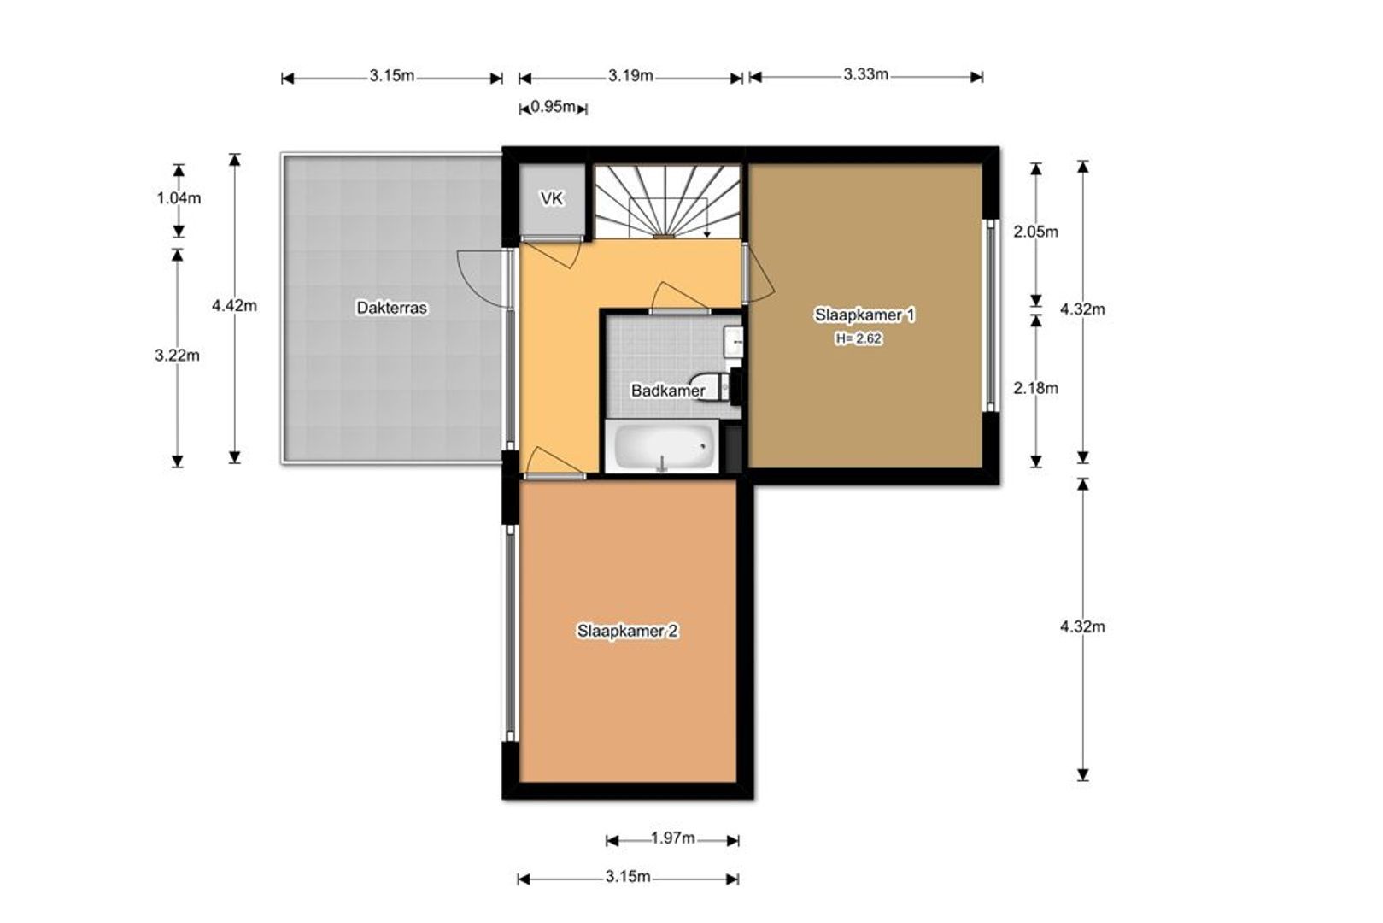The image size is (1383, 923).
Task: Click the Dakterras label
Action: coord(391,308)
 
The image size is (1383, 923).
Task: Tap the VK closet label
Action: coord(551,198)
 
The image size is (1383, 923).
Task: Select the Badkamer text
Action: coord(667,391)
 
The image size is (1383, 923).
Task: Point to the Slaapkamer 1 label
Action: coord(864,315)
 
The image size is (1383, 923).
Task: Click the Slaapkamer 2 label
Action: coord(627,631)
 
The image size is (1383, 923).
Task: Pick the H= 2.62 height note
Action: coord(859,338)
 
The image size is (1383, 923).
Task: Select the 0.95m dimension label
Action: coord(554,107)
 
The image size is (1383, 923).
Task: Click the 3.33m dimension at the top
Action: coord(865,74)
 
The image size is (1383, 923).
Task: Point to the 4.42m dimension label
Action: coord(235,306)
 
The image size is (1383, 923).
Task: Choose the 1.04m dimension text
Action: coord(179,198)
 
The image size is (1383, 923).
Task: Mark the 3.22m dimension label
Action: coord(177,356)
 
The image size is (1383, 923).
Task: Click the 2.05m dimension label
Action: coord(1035,232)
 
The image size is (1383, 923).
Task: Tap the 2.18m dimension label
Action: coord(1035,388)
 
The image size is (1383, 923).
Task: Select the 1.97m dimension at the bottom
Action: coord(672,838)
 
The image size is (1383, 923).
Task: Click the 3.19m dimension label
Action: coord(630,75)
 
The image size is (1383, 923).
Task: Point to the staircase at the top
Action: coord(667,202)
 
